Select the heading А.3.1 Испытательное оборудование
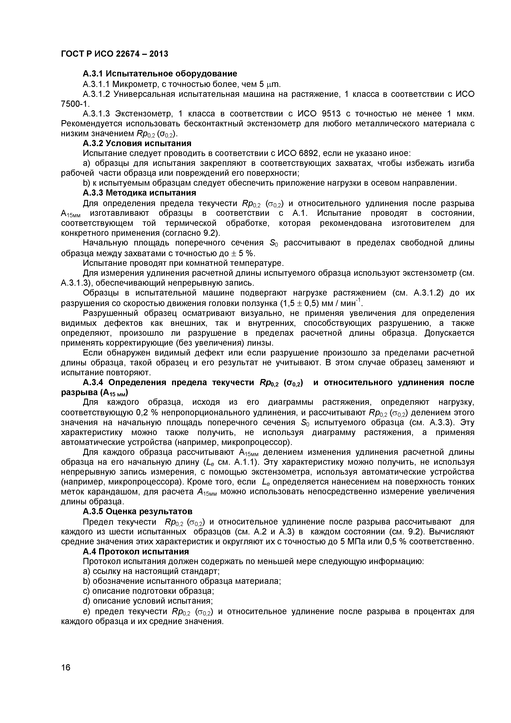[x=160, y=74]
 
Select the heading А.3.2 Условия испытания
[x=137, y=143]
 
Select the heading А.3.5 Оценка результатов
[x=137, y=511]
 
